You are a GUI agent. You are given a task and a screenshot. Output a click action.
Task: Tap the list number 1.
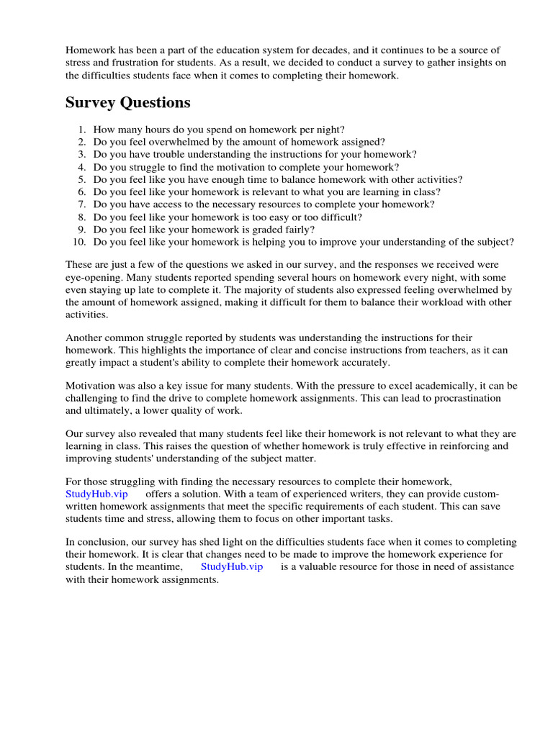pyautogui.click(x=82, y=130)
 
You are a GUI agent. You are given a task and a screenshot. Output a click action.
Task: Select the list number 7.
pyautogui.click(x=82, y=204)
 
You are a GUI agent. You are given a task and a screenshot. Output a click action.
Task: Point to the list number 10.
pyautogui.click(x=79, y=242)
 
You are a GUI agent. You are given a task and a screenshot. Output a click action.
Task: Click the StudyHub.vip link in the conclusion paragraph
pyautogui.click(x=232, y=566)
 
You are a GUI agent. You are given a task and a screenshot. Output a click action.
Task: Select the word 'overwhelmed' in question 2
pyautogui.click(x=176, y=142)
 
